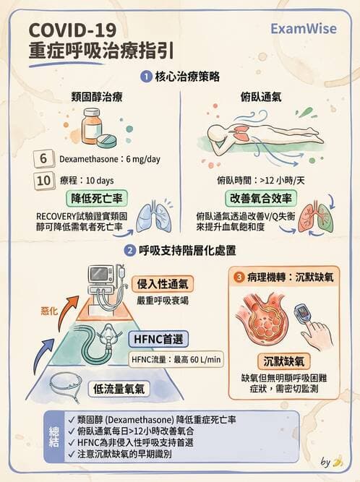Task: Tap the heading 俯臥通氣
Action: coord(261,97)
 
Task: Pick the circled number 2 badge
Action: coord(129,251)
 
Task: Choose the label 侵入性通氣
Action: coord(164,284)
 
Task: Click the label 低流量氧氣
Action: coord(119,389)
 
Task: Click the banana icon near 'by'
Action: coord(337,461)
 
